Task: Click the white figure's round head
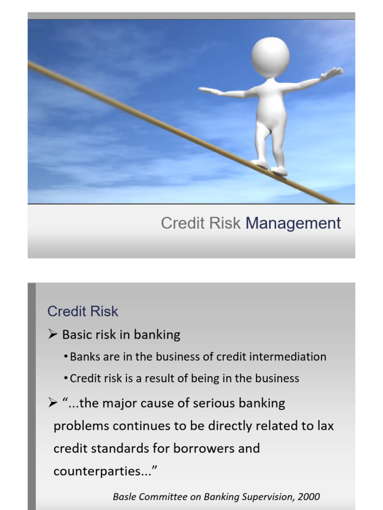270,56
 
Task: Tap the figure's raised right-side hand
333,73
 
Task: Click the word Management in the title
293,223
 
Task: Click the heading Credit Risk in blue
83,311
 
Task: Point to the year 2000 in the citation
310,497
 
